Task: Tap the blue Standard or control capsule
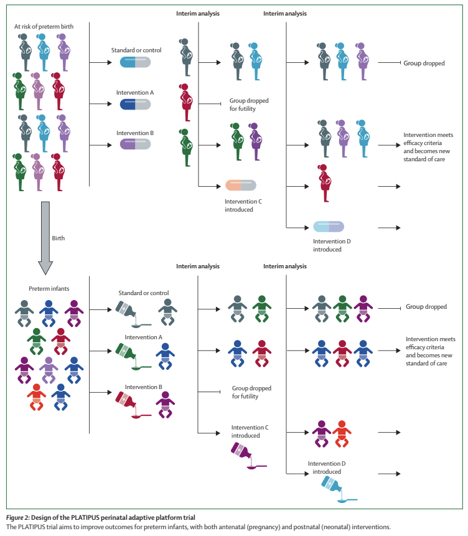[x=135, y=62]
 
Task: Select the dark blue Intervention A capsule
[x=135, y=104]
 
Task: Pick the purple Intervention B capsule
[x=135, y=144]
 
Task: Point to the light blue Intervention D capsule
[x=328, y=227]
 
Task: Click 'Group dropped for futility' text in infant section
[x=251, y=392]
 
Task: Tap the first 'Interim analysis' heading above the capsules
[x=198, y=13]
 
